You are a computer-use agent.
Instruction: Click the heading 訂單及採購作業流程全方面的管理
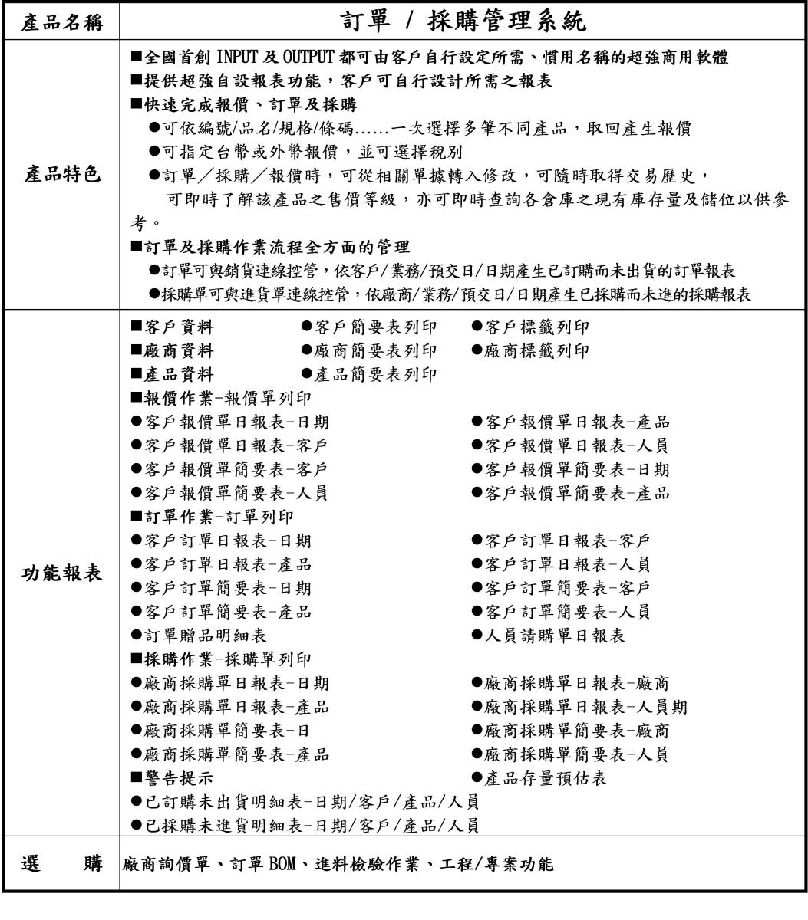coord(271,248)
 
